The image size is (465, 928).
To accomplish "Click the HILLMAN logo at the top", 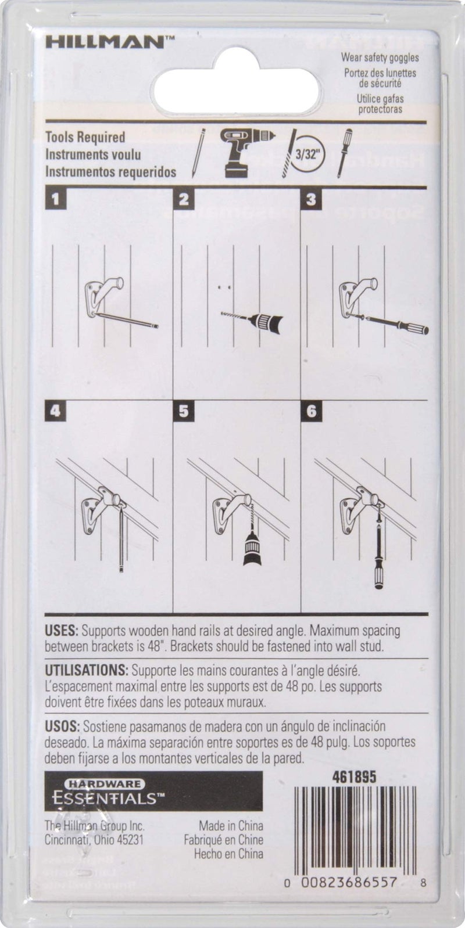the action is pos(109,42).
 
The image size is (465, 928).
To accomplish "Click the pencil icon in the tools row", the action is pos(198,153).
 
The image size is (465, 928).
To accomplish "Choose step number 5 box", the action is pos(183,411).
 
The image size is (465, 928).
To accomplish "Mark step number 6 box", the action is pos(311,411).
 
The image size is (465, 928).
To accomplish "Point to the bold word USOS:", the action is pos(62,726).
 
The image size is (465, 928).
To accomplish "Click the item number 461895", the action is pos(354,778).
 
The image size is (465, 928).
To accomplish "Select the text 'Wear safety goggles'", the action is pos(380,57).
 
